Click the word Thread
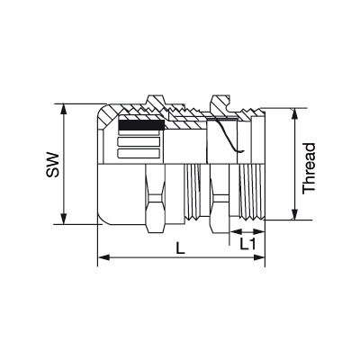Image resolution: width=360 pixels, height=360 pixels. tap(309, 167)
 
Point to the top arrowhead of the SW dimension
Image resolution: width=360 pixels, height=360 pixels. tap(63, 107)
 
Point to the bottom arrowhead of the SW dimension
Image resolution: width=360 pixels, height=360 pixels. tap(63, 221)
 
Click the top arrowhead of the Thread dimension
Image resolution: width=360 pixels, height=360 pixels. tap(293, 112)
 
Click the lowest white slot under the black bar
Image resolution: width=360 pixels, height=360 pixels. tap(140, 154)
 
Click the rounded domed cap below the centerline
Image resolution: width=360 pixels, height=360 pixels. tap(117, 198)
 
